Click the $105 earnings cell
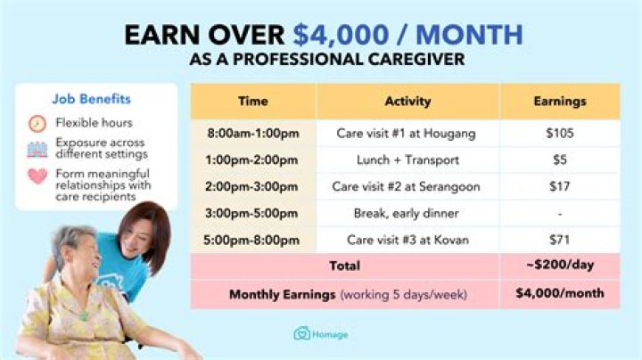[x=559, y=134]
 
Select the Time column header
[x=252, y=102]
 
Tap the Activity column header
[x=407, y=102]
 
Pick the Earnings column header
[x=559, y=102]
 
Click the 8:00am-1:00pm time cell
[x=252, y=134]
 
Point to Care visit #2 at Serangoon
[x=407, y=187]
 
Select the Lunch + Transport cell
[x=407, y=160]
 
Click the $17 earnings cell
[x=559, y=187]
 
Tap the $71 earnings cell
[x=559, y=240]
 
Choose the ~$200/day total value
[x=559, y=266]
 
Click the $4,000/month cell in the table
[x=559, y=293]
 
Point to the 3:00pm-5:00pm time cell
[x=252, y=214]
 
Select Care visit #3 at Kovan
[x=407, y=240]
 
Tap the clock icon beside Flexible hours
[x=37, y=123]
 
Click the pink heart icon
[x=37, y=176]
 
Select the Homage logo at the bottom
[x=320, y=334]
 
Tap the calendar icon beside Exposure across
[x=37, y=148]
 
